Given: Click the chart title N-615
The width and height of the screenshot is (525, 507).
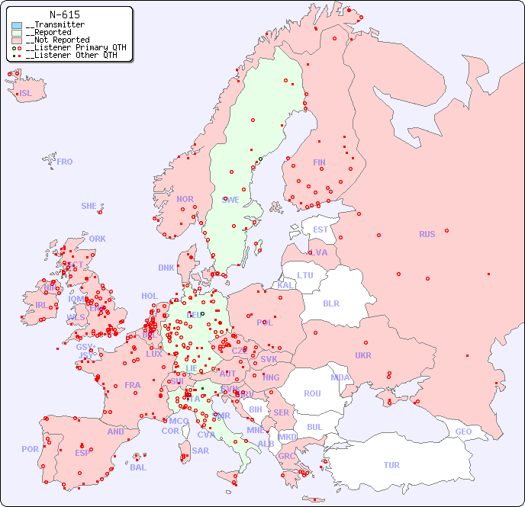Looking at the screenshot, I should (x=64, y=14).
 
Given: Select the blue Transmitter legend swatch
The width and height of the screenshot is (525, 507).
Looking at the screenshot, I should (x=17, y=25).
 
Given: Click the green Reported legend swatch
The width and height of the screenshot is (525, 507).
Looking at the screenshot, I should (x=17, y=33).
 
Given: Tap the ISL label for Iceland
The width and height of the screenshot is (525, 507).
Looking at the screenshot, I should (x=26, y=94).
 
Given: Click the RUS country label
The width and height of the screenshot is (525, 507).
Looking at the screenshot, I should (x=427, y=234).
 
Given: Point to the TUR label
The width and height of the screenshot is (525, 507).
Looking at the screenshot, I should (x=391, y=465).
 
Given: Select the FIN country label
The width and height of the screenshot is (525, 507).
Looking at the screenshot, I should (x=319, y=162).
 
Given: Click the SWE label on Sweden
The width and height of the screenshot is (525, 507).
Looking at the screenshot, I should (x=230, y=200).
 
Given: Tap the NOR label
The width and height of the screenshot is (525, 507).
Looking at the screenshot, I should (x=185, y=199).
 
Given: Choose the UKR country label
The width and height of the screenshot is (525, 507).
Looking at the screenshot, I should (x=362, y=355).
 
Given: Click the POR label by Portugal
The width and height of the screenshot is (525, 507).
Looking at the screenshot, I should (x=30, y=449).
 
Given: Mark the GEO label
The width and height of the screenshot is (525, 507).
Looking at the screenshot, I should (x=463, y=432).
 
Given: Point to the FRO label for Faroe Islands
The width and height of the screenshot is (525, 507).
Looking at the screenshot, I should (x=65, y=162).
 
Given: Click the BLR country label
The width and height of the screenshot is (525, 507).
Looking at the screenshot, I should (x=331, y=303).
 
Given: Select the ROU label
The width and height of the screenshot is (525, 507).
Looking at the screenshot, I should (x=312, y=393).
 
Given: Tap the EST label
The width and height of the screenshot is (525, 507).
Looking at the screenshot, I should (x=320, y=229).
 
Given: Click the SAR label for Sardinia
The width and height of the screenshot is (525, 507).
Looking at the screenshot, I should (x=200, y=451).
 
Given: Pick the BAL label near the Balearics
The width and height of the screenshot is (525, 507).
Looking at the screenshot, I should (x=137, y=467).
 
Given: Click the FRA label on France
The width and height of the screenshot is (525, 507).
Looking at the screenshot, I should (x=133, y=385).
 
